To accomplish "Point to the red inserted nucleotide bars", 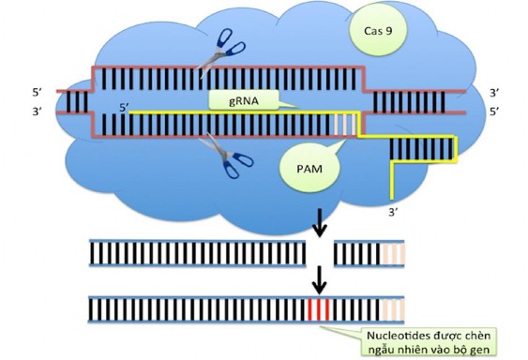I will (x=320, y=308).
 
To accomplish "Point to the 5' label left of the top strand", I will (x=37, y=94).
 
